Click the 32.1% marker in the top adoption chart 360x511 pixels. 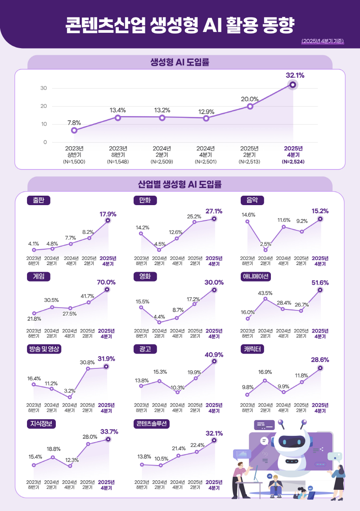(x=293, y=85)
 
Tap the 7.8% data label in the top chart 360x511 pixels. (x=74, y=122)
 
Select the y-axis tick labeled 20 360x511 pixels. (x=44, y=106)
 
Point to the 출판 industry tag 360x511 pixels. (x=38, y=200)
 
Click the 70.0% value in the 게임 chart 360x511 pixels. (x=106, y=282)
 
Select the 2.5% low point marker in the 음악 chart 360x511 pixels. (x=265, y=250)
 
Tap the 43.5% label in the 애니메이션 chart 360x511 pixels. (x=265, y=293)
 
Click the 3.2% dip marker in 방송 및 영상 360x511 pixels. (x=70, y=397)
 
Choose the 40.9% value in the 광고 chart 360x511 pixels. (x=214, y=354)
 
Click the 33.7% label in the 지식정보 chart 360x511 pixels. (x=109, y=431)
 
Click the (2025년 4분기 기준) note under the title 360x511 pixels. (x=323, y=41)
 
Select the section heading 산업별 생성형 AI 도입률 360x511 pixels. (x=180, y=184)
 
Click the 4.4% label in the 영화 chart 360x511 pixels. (x=159, y=317)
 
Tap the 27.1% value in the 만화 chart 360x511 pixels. (x=214, y=211)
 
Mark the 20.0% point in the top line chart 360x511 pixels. (x=250, y=106)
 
